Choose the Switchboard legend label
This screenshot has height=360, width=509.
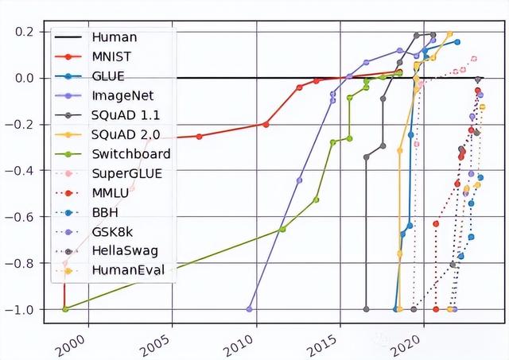click(x=130, y=153)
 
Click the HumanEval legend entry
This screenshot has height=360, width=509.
click(x=128, y=270)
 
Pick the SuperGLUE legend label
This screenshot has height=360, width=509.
click(x=127, y=173)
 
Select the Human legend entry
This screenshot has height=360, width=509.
click(x=115, y=37)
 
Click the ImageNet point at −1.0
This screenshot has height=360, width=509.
click(x=249, y=309)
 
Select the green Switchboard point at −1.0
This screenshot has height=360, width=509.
click(x=65, y=309)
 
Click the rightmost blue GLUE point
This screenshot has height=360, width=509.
click(x=457, y=42)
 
